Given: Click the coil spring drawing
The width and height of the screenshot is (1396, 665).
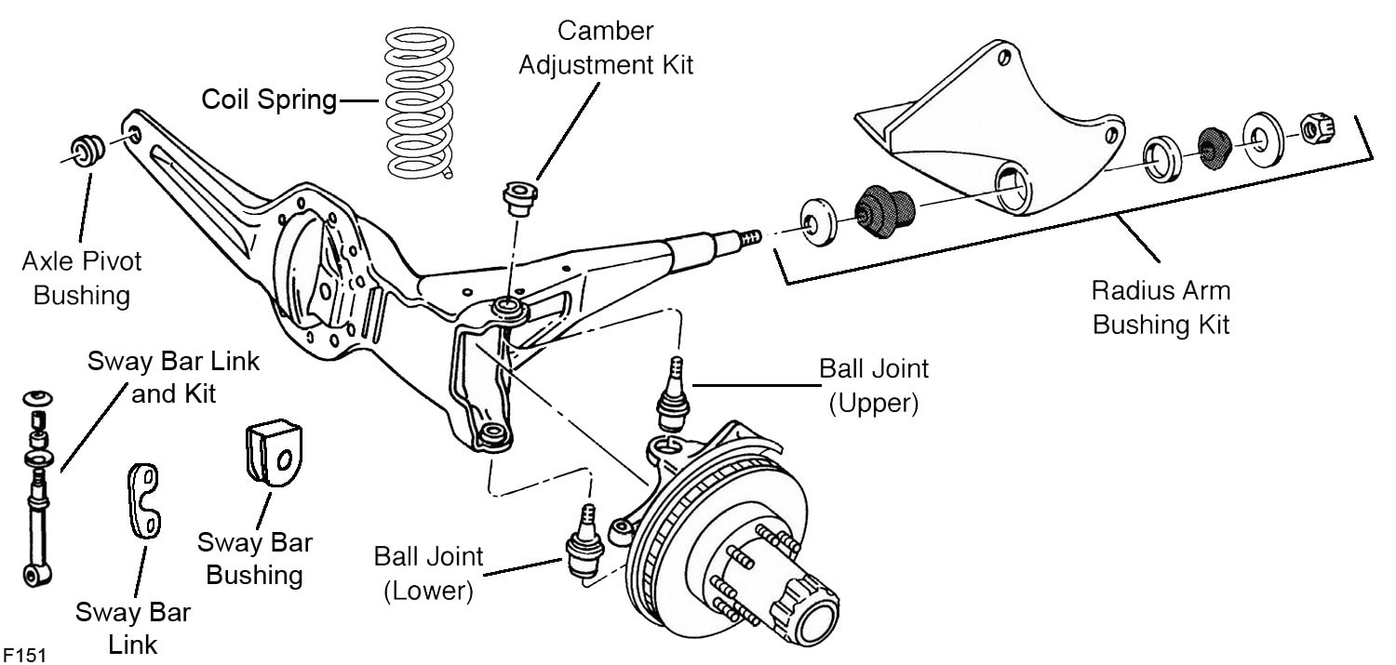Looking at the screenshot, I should point(422,102).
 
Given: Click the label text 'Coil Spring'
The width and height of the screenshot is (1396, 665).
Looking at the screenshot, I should point(270,100).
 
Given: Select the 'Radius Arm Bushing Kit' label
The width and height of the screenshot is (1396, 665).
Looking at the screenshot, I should point(1161,307).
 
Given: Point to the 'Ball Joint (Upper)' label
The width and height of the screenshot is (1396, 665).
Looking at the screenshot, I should point(873,386).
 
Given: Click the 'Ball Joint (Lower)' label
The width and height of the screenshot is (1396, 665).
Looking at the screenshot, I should point(429,573).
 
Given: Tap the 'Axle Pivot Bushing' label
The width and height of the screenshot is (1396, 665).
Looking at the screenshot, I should point(82,278).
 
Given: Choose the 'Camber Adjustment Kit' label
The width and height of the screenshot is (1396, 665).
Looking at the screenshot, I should point(606,48).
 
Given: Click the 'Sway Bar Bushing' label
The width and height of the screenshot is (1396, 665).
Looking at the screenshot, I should point(254,558).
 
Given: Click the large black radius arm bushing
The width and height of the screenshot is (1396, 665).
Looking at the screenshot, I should point(884,212).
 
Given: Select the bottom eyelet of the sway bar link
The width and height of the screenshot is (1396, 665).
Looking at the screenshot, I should point(35,574).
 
